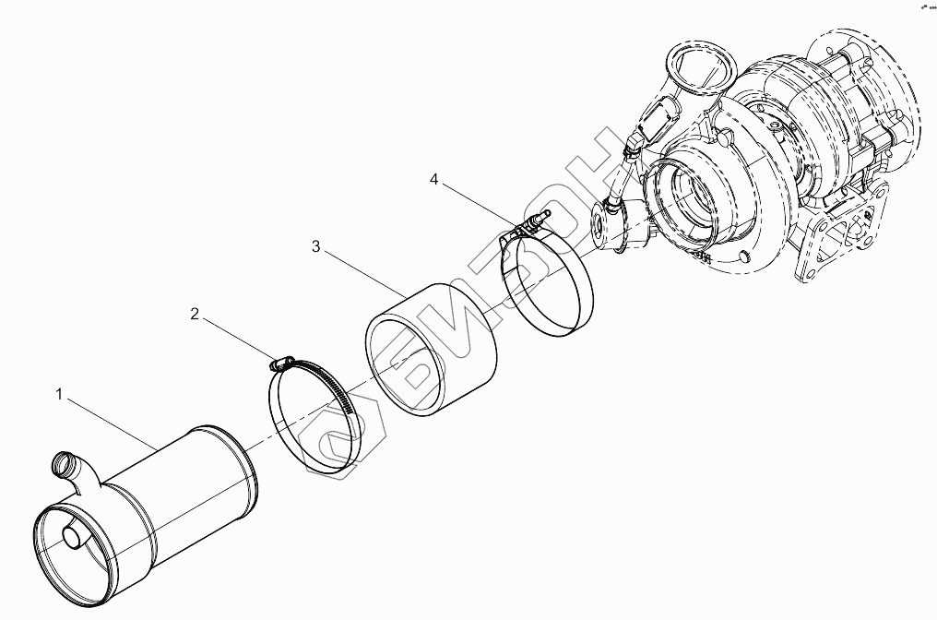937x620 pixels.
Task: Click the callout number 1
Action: pos(59,394)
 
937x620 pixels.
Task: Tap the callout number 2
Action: pos(195,314)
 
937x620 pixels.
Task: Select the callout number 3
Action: pos(315,246)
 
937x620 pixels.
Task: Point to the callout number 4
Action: pos(433,178)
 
